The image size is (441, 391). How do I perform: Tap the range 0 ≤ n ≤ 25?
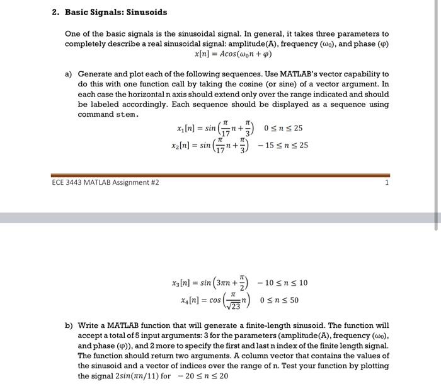point(284,129)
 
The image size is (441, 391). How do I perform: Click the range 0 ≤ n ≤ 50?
point(279,300)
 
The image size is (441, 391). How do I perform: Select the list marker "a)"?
point(69,74)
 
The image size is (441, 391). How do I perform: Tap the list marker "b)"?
point(69,326)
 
